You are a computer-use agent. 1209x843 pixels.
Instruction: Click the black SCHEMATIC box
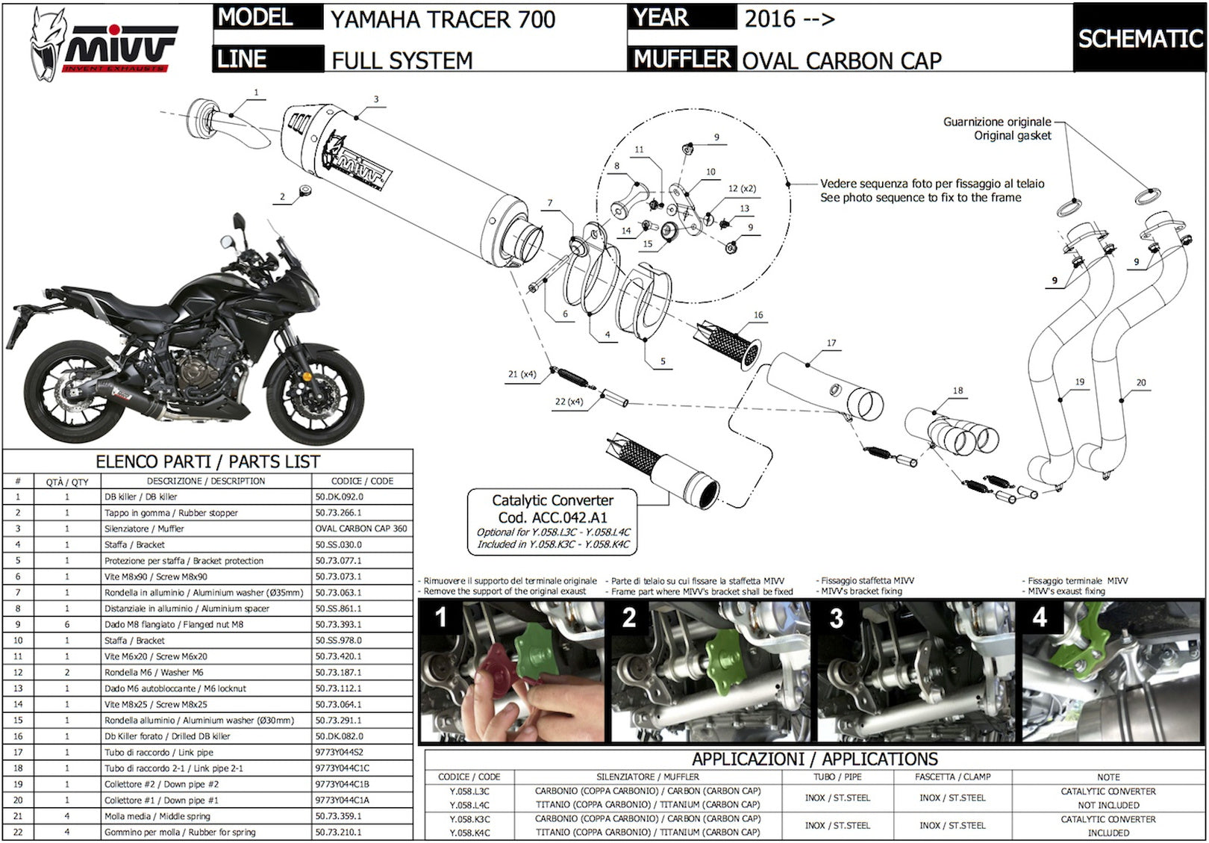1140,38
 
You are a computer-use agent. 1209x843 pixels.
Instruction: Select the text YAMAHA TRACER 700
443,20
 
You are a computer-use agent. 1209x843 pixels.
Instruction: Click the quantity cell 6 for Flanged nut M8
67,624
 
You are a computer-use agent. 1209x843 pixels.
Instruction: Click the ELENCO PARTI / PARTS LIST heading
207,461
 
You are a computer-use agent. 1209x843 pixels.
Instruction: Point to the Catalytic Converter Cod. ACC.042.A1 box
552,522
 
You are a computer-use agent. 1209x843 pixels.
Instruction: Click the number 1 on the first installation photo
441,618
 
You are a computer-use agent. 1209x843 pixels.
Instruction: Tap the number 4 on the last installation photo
1040,617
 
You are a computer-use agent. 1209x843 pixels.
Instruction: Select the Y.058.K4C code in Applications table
469,833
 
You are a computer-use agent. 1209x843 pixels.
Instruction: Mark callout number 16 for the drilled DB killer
758,315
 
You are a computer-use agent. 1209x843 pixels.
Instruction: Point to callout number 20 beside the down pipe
1141,382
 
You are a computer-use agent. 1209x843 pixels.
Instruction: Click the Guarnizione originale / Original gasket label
997,128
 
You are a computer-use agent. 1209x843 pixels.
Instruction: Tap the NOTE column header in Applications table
1108,777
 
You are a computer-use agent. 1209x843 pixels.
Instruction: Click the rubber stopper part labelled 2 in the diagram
305,190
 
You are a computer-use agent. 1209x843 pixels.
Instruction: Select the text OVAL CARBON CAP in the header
841,60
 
